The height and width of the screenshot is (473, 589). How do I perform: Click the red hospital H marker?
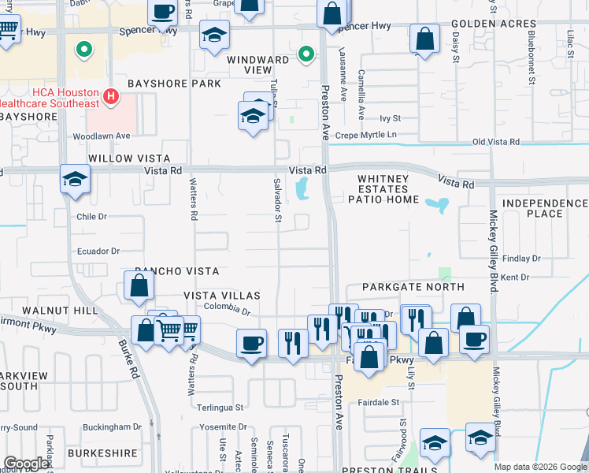111,97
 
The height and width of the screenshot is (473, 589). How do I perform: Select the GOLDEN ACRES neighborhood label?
494,24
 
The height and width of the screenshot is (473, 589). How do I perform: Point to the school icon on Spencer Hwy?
213,35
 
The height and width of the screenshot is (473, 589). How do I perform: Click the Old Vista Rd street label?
495,142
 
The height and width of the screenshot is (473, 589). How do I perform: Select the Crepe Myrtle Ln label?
366,135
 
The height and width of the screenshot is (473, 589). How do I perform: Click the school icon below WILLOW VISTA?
75,180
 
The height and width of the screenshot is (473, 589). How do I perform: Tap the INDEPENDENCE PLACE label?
545,209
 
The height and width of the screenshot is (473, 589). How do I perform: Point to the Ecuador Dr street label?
97,251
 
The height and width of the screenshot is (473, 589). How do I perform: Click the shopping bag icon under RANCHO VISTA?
139,286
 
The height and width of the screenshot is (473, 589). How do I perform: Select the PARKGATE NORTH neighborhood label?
413,287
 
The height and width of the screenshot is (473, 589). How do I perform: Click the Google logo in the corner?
27,464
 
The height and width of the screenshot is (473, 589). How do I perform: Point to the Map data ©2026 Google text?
539,467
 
